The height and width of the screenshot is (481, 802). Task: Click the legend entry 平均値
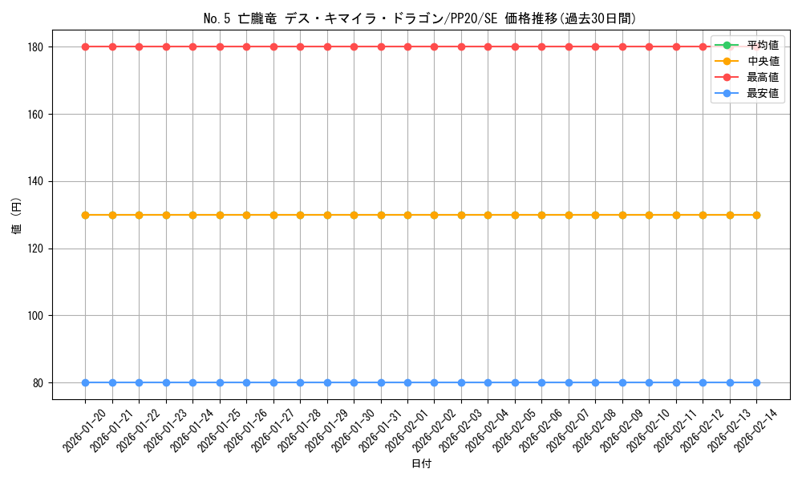coord(762,45)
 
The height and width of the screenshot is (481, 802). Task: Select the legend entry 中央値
coord(762,61)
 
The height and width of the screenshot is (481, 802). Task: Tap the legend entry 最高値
coord(762,77)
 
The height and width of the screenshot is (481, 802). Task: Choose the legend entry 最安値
coord(762,93)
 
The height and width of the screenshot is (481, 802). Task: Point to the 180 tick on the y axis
coord(38,46)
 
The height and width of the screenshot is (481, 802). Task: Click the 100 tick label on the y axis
coord(38,316)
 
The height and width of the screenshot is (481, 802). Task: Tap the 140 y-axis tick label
coord(38,181)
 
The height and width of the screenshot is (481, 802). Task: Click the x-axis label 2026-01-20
coord(85,430)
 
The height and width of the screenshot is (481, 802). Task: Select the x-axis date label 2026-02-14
coord(756,430)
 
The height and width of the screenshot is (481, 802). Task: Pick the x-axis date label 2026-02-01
coord(407,430)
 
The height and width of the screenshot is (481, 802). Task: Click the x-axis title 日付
coord(420,464)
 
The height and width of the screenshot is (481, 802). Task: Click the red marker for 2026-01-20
coord(85,46)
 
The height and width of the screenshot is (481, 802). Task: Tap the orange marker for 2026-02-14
coord(756,215)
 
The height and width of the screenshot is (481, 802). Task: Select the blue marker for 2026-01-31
coord(381,382)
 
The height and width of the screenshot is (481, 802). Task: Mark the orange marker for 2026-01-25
coord(220,215)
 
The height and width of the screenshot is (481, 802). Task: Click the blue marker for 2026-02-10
coord(649,382)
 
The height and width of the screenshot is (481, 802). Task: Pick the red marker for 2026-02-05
coord(515,46)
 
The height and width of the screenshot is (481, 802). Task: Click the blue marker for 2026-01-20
coord(85,382)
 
